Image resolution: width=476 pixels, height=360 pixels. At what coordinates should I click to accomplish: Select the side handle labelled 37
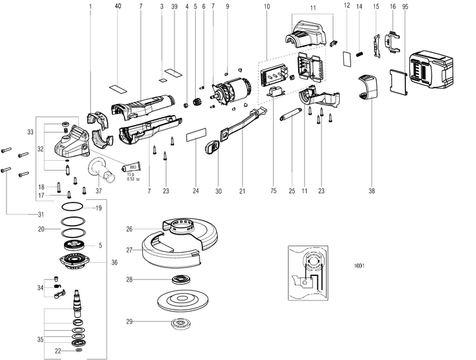click(101, 171)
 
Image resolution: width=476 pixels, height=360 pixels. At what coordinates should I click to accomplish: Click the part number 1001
click(359, 266)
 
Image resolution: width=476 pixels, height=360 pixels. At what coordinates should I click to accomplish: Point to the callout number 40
click(118, 6)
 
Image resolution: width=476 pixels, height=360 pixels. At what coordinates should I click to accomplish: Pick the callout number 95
click(405, 7)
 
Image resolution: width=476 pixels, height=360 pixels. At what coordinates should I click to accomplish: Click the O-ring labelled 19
click(73, 206)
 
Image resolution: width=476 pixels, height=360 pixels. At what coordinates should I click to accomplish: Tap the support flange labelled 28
click(181, 279)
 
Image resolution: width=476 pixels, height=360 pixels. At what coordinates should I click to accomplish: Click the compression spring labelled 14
click(360, 54)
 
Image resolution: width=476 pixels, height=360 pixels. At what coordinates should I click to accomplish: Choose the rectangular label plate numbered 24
click(196, 134)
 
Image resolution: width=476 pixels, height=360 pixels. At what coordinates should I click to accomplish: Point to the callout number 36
click(114, 263)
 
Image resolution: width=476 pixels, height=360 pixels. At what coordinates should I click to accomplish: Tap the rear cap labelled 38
click(368, 87)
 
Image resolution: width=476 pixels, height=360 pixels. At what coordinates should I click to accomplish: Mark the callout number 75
click(274, 191)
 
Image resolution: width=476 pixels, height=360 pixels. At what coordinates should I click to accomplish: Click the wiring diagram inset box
click(308, 273)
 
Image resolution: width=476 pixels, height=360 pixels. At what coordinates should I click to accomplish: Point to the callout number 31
click(41, 214)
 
